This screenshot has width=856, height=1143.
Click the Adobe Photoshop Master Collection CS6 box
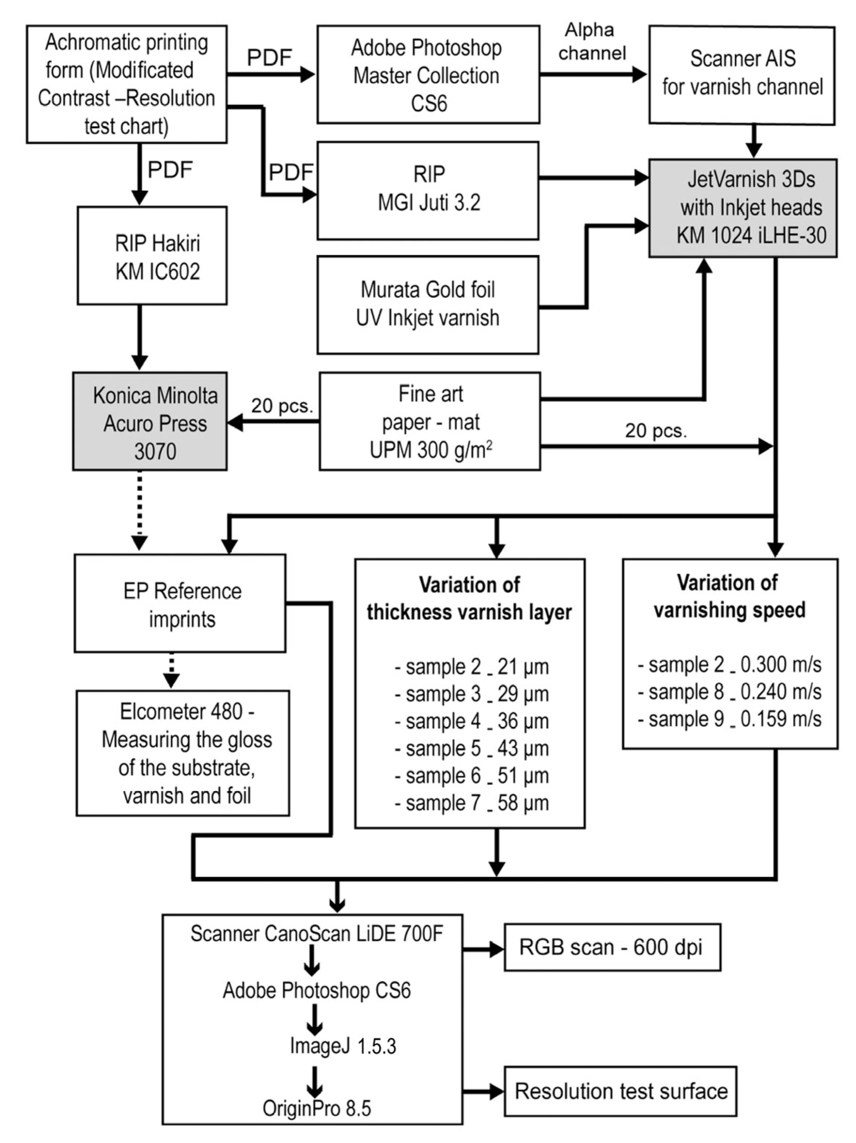(x=427, y=75)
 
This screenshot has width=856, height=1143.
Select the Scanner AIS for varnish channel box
(x=741, y=75)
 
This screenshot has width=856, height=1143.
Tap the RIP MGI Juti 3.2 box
(x=427, y=190)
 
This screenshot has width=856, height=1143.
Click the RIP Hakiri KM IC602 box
(x=152, y=256)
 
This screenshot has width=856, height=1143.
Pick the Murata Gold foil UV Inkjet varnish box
(x=427, y=304)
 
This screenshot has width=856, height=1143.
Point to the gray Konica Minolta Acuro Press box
(x=150, y=421)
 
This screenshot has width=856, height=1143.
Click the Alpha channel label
(x=591, y=41)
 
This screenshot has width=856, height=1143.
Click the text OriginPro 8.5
(x=317, y=1108)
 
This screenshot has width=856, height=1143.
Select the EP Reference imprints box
(x=181, y=603)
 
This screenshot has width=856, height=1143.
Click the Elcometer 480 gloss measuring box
(x=183, y=753)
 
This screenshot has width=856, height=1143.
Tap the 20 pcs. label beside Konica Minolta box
(x=282, y=406)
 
